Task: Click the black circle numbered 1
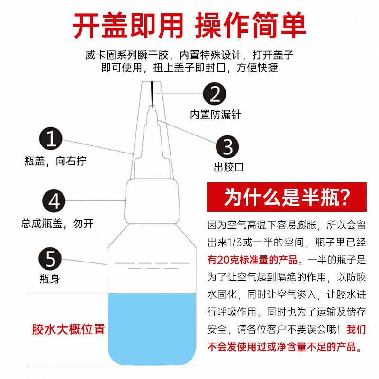pyautogui.click(x=51, y=139)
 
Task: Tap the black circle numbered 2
pyautogui.click(x=215, y=94)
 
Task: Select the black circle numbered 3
pyautogui.click(x=227, y=147)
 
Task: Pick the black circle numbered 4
pyautogui.click(x=54, y=201)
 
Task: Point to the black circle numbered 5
pyautogui.click(x=50, y=258)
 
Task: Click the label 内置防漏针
pyautogui.click(x=216, y=114)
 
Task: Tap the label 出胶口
pyautogui.click(x=229, y=167)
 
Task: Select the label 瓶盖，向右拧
pyautogui.click(x=55, y=161)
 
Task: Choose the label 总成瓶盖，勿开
pyautogui.click(x=57, y=223)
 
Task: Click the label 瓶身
pyautogui.click(x=50, y=279)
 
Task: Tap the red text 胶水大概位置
pyautogui.click(x=68, y=329)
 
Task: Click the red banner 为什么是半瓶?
pyautogui.click(x=287, y=197)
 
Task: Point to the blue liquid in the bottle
pyautogui.click(x=152, y=329)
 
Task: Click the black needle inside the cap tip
pyautogui.click(x=152, y=94)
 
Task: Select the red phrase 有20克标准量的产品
pyautogui.click(x=253, y=260)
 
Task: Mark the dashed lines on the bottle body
pyautogui.click(x=152, y=265)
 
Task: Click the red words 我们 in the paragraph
pyautogui.click(x=356, y=329)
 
